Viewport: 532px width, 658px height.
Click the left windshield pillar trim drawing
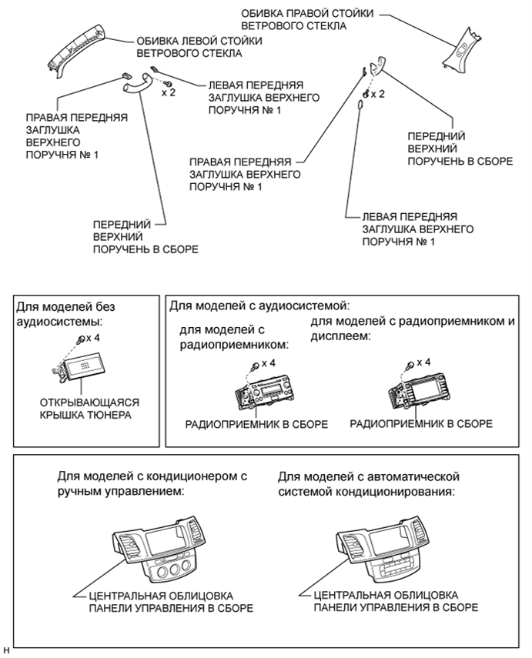[x=80, y=49]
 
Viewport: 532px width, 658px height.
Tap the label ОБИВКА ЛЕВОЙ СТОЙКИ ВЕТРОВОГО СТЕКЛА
[x=189, y=47]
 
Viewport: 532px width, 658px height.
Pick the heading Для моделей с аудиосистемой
[x=260, y=305]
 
